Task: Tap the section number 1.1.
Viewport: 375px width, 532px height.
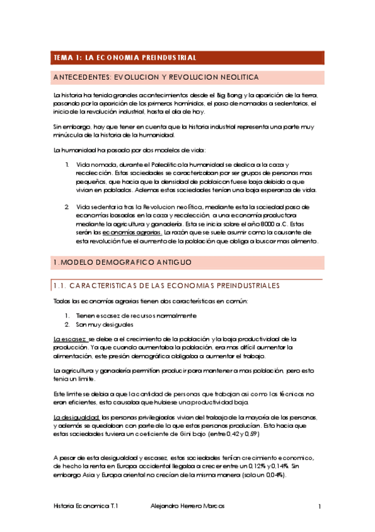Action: (61, 286)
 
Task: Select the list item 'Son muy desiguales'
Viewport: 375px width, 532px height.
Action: (104, 324)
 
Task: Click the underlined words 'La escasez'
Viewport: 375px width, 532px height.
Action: (70, 339)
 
